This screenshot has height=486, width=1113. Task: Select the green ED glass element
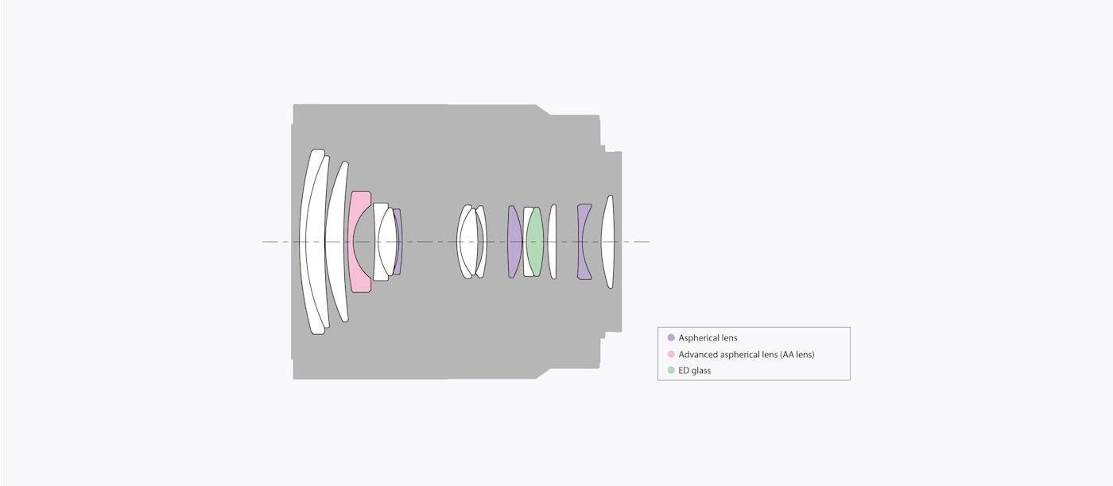point(534,242)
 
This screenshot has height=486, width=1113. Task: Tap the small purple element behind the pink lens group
point(398,242)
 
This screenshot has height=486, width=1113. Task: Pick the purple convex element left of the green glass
point(514,242)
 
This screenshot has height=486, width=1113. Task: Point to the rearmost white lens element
point(607,242)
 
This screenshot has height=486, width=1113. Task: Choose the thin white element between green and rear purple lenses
point(553,242)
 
